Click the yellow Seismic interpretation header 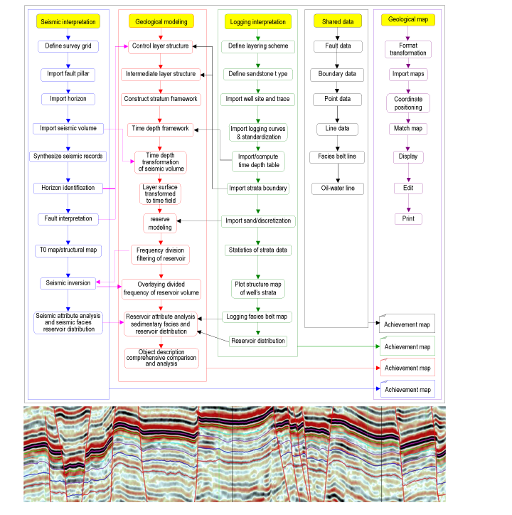click(x=68, y=21)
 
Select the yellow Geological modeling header click(x=161, y=21)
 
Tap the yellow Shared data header click(x=338, y=21)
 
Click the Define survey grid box click(x=68, y=46)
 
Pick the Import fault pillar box click(x=68, y=74)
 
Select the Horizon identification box click(x=68, y=189)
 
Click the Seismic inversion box click(x=68, y=283)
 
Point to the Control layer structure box click(x=160, y=46)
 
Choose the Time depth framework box click(x=160, y=129)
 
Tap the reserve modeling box click(x=160, y=223)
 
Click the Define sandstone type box click(x=258, y=74)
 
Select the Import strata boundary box click(x=258, y=189)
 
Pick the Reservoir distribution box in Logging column click(x=258, y=341)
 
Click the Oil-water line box click(x=338, y=189)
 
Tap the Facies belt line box click(x=337, y=156)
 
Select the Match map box click(x=408, y=129)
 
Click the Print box click(x=408, y=219)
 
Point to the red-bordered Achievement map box click(x=407, y=368)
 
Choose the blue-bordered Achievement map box click(x=407, y=389)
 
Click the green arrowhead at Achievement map click(x=378, y=346)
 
